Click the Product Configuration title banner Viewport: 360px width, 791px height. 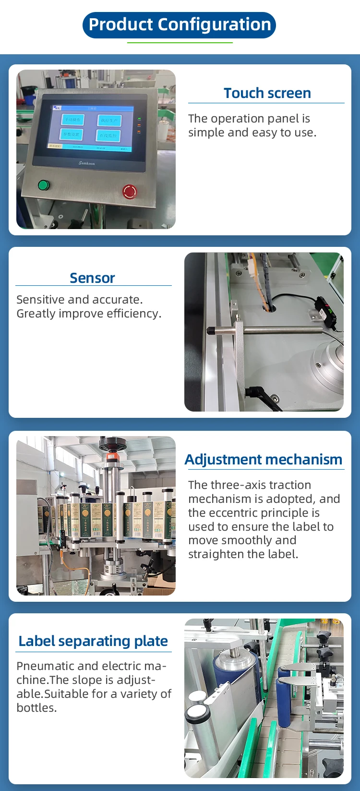(180, 25)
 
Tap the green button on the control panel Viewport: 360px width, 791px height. (43, 185)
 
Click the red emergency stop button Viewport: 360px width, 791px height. (130, 191)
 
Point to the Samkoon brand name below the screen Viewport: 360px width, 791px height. (87, 163)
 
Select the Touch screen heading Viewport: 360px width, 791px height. (267, 93)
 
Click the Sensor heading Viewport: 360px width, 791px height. (92, 278)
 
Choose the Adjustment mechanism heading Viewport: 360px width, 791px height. (264, 460)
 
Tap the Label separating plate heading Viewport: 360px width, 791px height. (93, 641)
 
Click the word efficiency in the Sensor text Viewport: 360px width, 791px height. (133, 314)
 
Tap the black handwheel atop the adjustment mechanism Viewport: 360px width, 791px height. (112, 443)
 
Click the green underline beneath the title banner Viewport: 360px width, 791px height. (180, 43)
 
